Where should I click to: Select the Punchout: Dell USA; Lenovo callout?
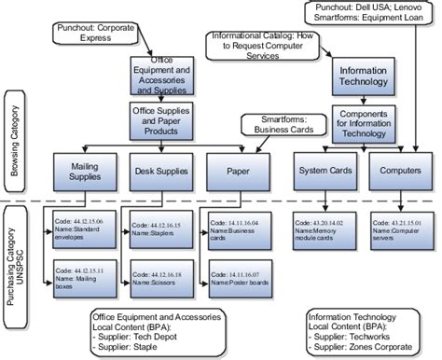tap(369, 13)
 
